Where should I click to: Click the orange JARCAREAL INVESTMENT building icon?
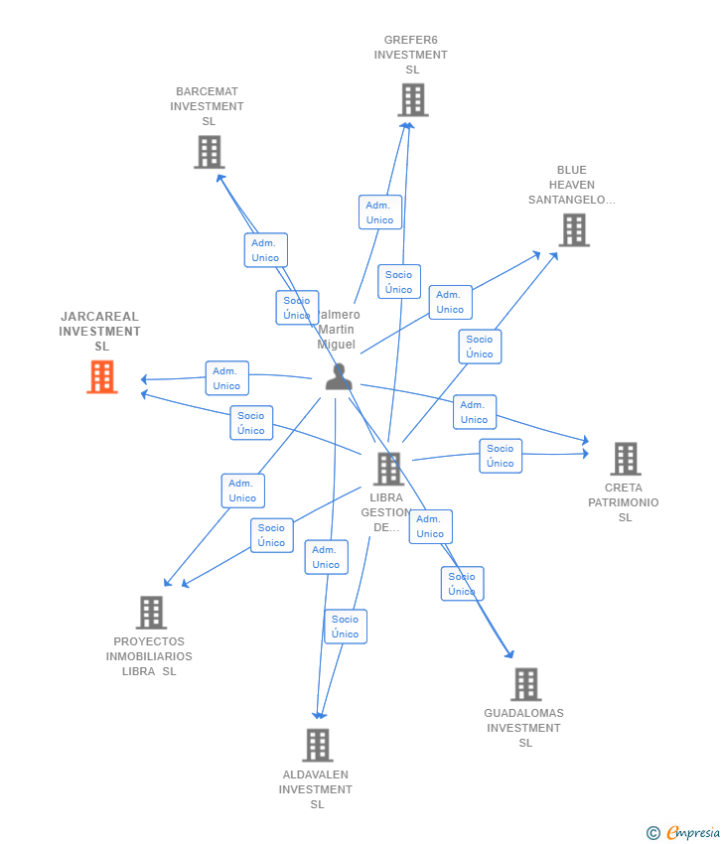(102, 377)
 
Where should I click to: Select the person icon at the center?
(339, 377)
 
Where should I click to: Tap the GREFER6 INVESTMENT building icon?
(412, 100)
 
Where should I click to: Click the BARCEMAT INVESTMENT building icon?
(209, 152)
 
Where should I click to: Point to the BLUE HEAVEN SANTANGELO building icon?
(573, 230)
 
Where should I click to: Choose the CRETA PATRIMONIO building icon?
(625, 459)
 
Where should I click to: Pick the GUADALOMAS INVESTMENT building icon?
(525, 684)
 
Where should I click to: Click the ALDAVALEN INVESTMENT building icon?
(317, 745)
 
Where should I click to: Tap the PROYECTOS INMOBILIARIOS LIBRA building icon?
(151, 613)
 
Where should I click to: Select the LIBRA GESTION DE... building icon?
(388, 469)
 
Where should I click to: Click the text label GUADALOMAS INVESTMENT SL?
(523, 728)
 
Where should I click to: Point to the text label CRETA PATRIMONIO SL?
(624, 502)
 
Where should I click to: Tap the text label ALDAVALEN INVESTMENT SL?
(316, 789)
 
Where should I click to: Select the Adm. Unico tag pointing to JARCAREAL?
(226, 378)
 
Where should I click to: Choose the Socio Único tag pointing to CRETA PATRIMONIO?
(501, 456)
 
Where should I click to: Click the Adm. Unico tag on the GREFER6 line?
(379, 212)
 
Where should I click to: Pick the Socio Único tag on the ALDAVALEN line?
(346, 627)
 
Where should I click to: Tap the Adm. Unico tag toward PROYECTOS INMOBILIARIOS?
(242, 491)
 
